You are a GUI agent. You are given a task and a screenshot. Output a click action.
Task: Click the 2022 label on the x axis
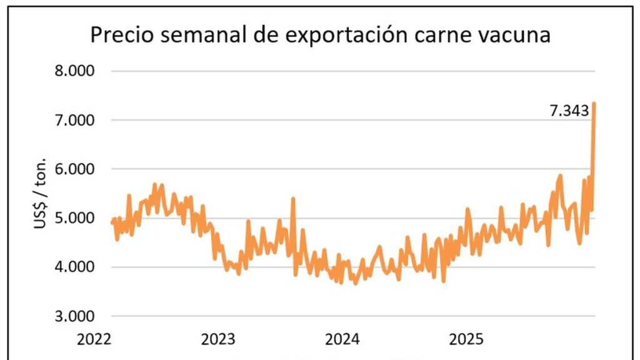point(94,339)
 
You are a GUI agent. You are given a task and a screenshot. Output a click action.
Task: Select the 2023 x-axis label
point(218,339)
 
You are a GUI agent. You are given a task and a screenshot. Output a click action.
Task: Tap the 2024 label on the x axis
point(342,339)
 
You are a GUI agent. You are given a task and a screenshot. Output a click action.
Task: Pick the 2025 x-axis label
point(466,339)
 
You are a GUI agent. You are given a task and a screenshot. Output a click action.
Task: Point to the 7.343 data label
point(569,111)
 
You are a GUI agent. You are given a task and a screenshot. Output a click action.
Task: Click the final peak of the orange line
point(594,103)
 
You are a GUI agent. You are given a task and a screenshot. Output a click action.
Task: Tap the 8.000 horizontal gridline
point(350,71)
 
